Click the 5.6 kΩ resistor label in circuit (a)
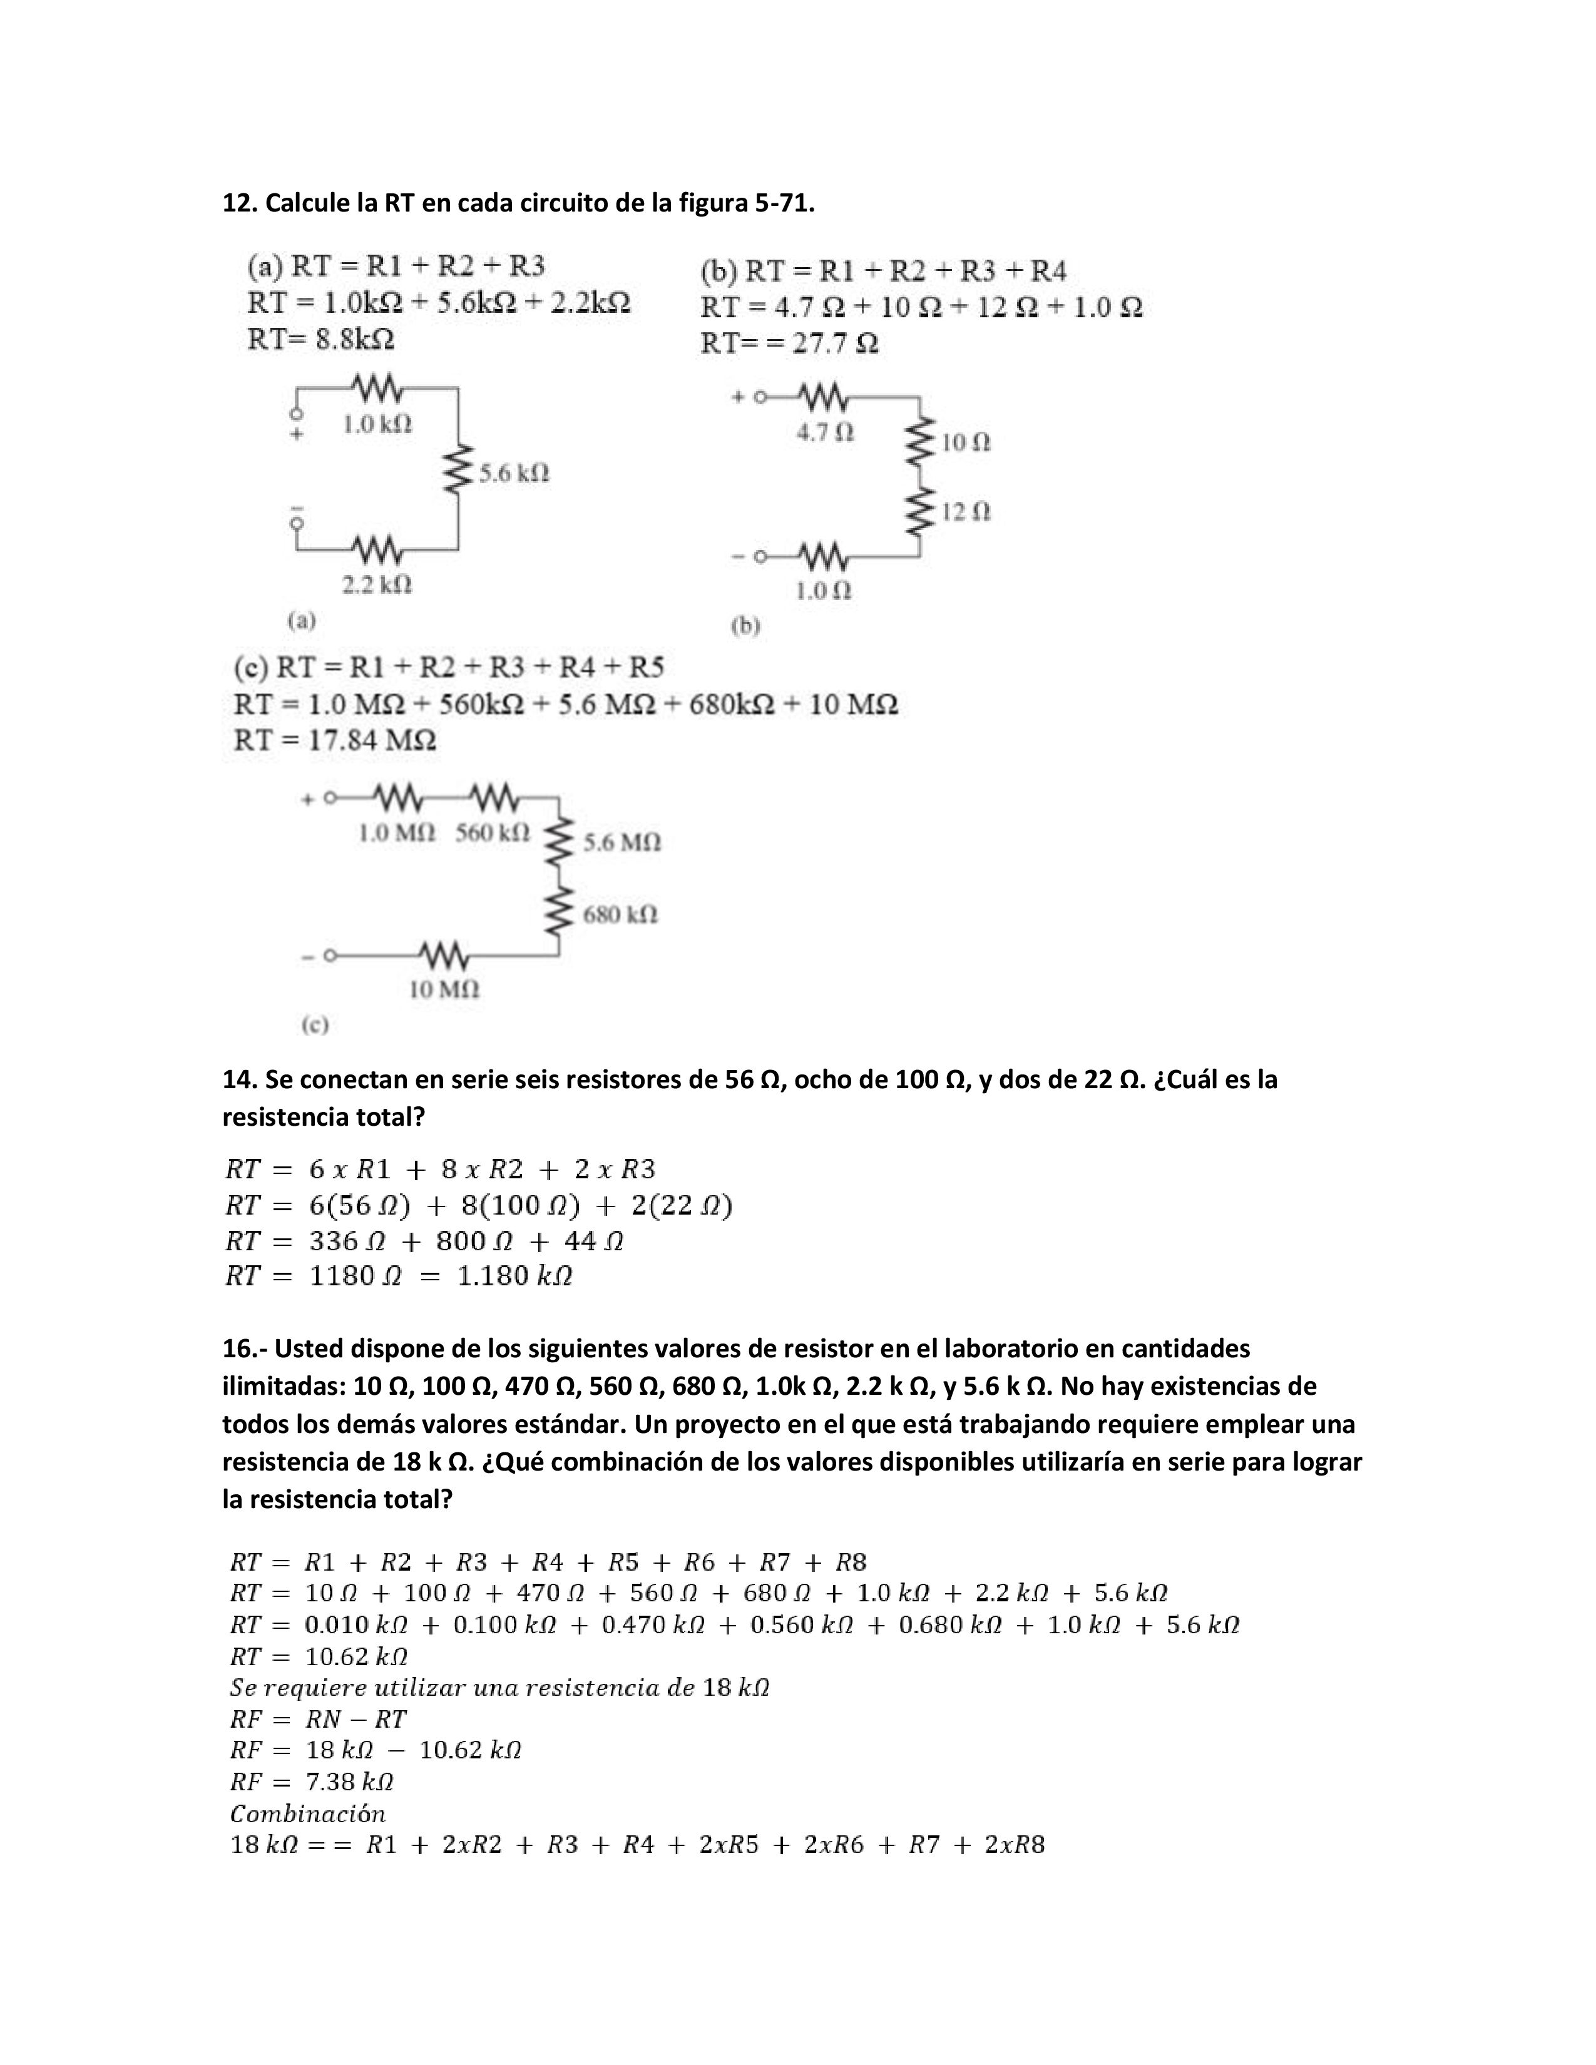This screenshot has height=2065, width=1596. point(513,472)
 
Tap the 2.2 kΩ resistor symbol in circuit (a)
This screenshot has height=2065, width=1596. point(377,548)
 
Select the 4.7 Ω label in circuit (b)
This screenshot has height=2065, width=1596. point(824,432)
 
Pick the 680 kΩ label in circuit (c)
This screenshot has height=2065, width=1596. point(619,914)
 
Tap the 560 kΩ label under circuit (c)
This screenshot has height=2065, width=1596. point(493,833)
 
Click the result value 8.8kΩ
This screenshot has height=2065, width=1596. point(354,339)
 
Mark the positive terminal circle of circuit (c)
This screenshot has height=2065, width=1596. point(330,798)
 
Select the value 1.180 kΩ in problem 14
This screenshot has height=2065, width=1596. point(514,1277)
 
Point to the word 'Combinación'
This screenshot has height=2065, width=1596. point(308,1813)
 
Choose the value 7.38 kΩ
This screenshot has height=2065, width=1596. point(350,1782)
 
